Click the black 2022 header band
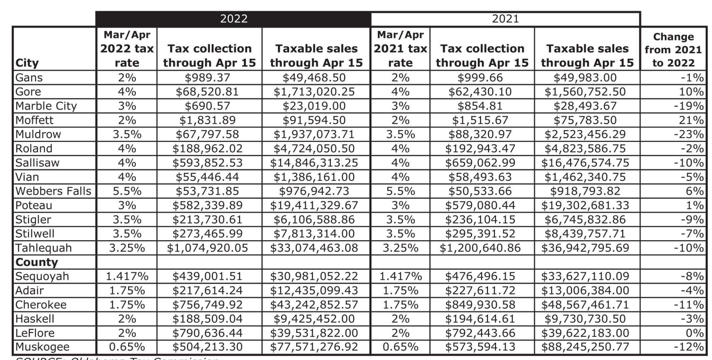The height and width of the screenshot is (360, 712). point(233,19)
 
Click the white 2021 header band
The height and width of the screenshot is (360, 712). point(505,19)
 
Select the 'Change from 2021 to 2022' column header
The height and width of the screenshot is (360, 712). point(673,49)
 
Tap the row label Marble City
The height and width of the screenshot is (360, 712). point(46,106)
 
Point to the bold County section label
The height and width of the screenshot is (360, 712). point(37,262)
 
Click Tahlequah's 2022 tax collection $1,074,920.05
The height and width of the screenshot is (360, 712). point(207,248)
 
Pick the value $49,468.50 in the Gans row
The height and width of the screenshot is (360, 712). point(314,78)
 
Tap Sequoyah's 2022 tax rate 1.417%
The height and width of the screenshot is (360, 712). point(127,276)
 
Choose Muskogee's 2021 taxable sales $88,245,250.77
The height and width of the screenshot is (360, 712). point(585,347)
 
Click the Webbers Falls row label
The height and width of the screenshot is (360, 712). point(53,191)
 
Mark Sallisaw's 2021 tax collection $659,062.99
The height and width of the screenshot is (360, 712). point(480,163)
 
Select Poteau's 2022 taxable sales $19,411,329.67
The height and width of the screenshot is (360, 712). point(314,205)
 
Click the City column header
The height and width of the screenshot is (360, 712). point(27,63)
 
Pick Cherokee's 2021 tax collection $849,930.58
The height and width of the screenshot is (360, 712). point(480,305)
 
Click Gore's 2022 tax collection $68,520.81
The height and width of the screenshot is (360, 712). point(207,92)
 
